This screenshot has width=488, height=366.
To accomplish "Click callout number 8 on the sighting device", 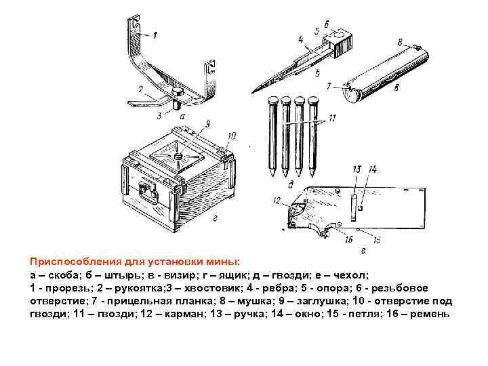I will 401,43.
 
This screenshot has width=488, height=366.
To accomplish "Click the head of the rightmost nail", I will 314,102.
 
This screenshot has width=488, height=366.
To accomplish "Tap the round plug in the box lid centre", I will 178,156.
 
